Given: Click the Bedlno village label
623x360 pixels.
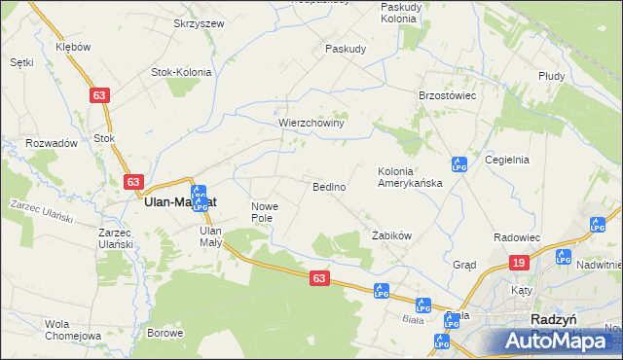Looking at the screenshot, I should click(329, 186).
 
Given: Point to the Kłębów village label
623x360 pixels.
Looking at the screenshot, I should click(73, 46).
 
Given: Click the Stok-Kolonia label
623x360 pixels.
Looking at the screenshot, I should click(183, 71).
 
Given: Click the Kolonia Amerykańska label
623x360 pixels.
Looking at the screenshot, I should click(410, 177).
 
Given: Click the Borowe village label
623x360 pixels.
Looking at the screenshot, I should click(165, 333).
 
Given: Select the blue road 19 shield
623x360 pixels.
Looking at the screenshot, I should click(520, 263).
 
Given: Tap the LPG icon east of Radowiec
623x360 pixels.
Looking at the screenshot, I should click(596, 226).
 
